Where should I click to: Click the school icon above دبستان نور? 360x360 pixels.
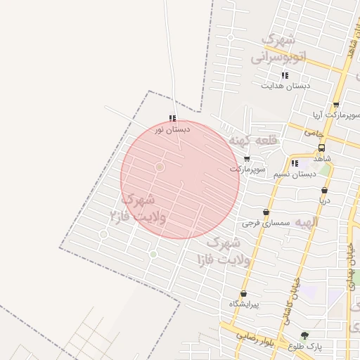pyautogui.click(x=172, y=119)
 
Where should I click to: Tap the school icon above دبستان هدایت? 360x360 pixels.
pyautogui.click(x=285, y=75)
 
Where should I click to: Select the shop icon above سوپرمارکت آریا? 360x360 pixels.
pyautogui.click(x=336, y=104)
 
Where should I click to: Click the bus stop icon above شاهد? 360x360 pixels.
pyautogui.click(x=321, y=148)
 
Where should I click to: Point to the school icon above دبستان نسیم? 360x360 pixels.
pyautogui.click(x=294, y=163)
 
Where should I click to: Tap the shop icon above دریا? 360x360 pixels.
pyautogui.click(x=324, y=190)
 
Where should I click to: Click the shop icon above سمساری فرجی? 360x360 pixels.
pyautogui.click(x=265, y=212)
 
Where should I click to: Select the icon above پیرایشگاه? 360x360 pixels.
pyautogui.click(x=243, y=294)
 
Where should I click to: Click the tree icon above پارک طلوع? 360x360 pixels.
pyautogui.click(x=304, y=335)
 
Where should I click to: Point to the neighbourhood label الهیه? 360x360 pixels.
pyautogui.click(x=307, y=222)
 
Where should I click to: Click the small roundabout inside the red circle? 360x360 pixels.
pyautogui.click(x=160, y=167)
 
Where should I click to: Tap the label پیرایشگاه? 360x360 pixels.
pyautogui.click(x=244, y=304)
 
